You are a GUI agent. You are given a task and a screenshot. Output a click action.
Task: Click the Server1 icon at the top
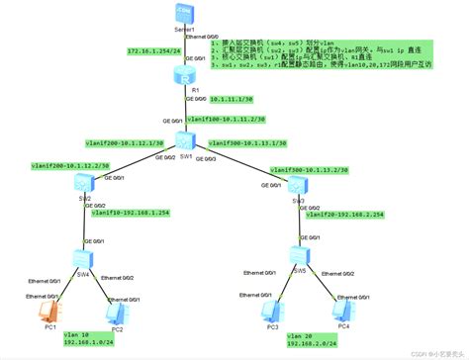[180, 13]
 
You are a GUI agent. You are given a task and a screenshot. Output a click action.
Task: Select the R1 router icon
[180, 74]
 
